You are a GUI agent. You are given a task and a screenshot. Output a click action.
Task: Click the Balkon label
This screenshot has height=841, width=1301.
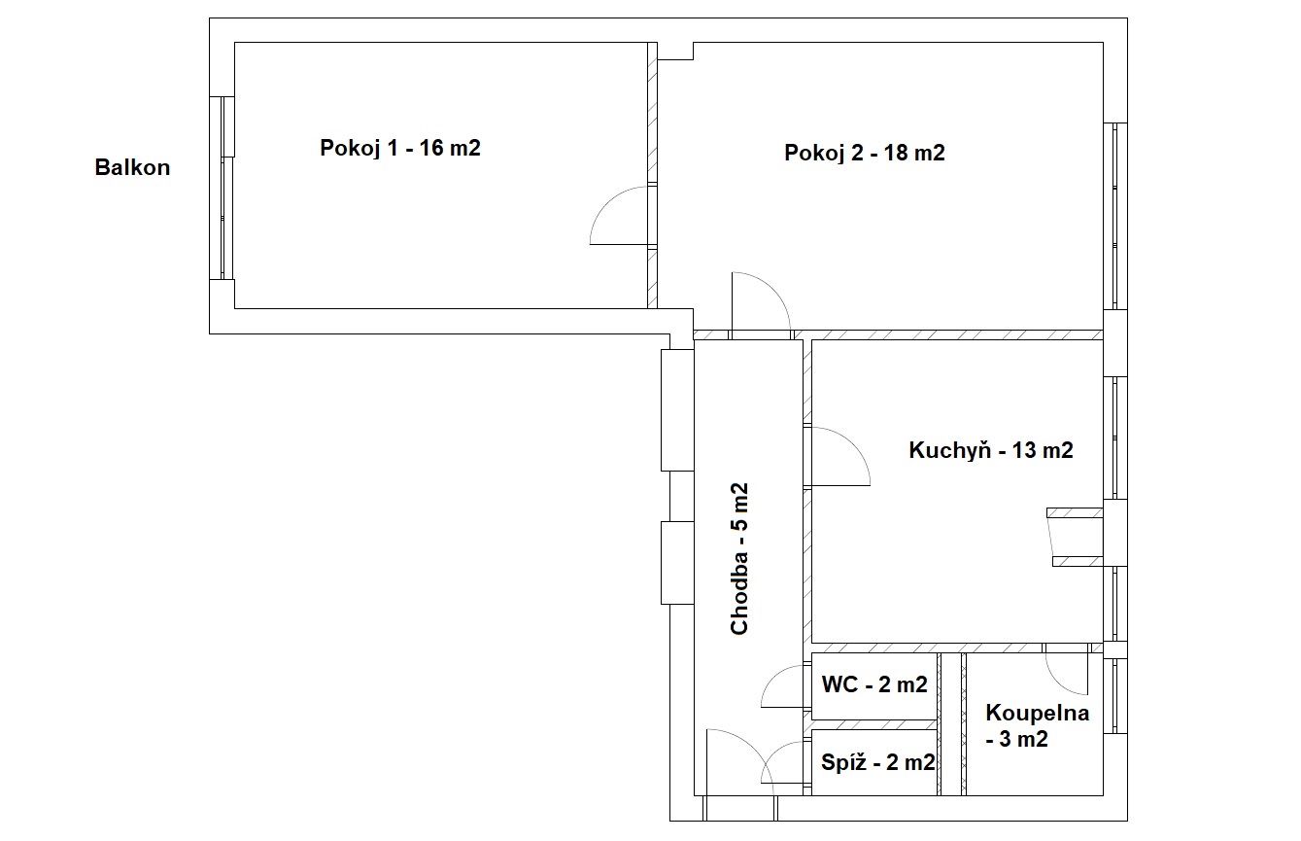tap(132, 167)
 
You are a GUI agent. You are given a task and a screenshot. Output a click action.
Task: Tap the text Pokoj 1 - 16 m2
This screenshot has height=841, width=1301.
tap(400, 148)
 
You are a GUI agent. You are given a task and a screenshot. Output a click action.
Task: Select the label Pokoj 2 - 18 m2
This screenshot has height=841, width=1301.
tap(864, 153)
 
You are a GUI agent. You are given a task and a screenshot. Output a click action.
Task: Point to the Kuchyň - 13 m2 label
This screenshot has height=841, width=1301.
tap(991, 450)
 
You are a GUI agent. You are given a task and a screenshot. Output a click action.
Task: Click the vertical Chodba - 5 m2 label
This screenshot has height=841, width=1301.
tap(738, 558)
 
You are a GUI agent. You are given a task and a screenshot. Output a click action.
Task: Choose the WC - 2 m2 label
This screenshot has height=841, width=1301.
tap(874, 684)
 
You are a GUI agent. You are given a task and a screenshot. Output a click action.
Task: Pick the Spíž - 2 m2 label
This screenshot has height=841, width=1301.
tap(877, 762)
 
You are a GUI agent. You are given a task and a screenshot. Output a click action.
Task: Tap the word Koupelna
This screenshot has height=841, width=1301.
tap(1038, 713)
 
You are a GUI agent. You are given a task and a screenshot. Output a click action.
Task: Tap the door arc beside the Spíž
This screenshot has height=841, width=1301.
tap(775, 753)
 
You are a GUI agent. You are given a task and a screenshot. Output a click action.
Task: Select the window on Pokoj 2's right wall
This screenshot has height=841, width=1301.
tap(1114, 216)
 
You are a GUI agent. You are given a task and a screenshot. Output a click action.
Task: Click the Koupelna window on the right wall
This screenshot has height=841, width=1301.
tap(1114, 696)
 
